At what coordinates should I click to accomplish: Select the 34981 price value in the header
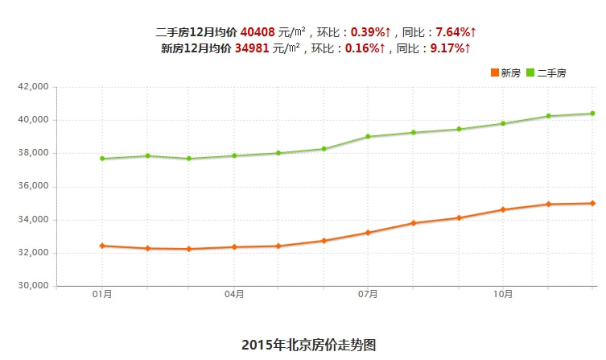pyautogui.click(x=252, y=48)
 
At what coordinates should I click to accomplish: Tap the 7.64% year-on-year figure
pyautogui.click(x=453, y=32)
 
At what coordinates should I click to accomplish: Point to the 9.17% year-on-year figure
pyautogui.click(x=447, y=48)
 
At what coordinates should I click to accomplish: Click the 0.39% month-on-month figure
pyautogui.click(x=368, y=32)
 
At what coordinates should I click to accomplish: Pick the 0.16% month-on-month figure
pyautogui.click(x=362, y=48)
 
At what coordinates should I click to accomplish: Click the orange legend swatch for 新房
pyautogui.click(x=494, y=72)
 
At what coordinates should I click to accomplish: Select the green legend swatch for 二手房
pyautogui.click(x=530, y=72)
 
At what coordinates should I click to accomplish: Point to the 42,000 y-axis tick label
pyautogui.click(x=34, y=86)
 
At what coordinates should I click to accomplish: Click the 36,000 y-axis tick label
pyautogui.click(x=34, y=186)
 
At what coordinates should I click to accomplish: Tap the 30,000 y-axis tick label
pyautogui.click(x=34, y=286)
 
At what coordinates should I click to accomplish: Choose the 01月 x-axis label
pyautogui.click(x=102, y=296)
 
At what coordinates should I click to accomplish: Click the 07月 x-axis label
pyautogui.click(x=368, y=296)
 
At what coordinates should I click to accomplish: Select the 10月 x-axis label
pyautogui.click(x=503, y=296)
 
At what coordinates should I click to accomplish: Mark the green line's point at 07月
pyautogui.click(x=368, y=136)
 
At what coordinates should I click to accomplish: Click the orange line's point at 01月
pyautogui.click(x=102, y=246)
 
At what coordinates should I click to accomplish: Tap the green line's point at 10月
pyautogui.click(x=503, y=123)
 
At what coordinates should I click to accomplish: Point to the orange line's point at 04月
pyautogui.click(x=234, y=246)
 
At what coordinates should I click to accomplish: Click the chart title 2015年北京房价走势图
pyautogui.click(x=309, y=345)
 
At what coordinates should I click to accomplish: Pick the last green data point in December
pyautogui.click(x=592, y=114)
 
